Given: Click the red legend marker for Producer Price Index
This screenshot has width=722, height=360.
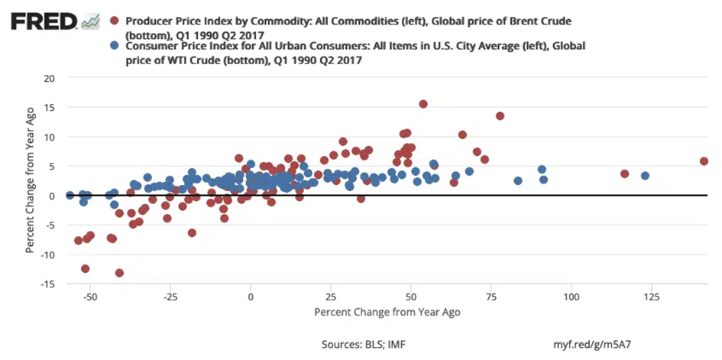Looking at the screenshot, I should click(115, 20).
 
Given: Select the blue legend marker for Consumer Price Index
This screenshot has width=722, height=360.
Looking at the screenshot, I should click(115, 46).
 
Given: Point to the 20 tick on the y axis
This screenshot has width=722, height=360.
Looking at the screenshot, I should click(50, 78).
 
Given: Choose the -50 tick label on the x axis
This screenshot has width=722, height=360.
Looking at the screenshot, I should click(90, 295).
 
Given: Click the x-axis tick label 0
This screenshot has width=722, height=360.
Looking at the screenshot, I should click(251, 295).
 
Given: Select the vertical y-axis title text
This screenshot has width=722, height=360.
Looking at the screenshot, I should click(30, 180).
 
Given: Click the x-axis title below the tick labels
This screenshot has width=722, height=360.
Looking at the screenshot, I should click(387, 313).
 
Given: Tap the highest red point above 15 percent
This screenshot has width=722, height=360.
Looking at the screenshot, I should click(423, 104).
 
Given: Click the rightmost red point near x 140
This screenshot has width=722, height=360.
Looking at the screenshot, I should click(704, 161).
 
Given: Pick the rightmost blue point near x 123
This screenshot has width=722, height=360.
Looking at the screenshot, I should click(645, 176).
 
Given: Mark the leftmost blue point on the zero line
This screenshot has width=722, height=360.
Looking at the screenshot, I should click(70, 196).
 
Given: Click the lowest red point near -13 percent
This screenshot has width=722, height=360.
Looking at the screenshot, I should click(119, 273).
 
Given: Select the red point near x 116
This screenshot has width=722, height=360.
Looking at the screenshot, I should click(624, 174).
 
